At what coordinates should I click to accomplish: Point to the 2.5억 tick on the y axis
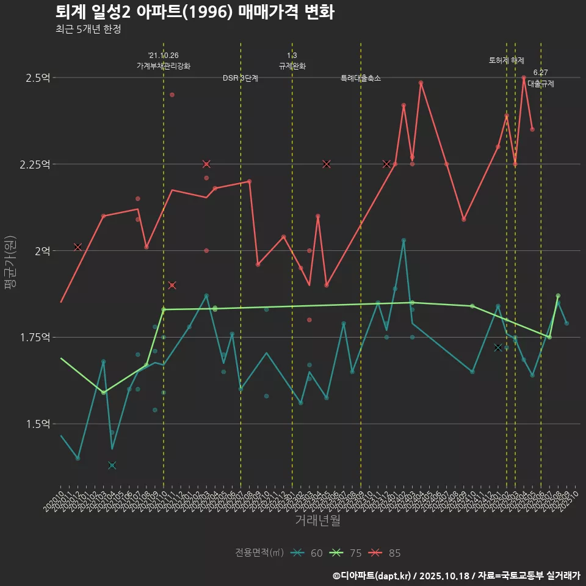[x=38, y=78]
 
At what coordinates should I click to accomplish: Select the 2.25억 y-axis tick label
[x=36, y=164]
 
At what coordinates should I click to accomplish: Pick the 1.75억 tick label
[x=36, y=338]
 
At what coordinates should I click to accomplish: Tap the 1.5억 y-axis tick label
[x=38, y=424]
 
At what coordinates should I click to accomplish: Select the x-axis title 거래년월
[x=317, y=520]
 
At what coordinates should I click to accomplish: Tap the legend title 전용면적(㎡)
[x=259, y=553]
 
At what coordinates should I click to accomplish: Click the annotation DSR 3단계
[x=241, y=78]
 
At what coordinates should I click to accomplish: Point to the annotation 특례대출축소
[x=361, y=78]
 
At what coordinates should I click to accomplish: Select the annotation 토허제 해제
[x=507, y=60]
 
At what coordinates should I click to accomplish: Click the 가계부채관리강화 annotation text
[x=164, y=66]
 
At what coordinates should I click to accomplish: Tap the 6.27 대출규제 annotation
[x=540, y=79]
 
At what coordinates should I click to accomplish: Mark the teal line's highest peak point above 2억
[x=403, y=241]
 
